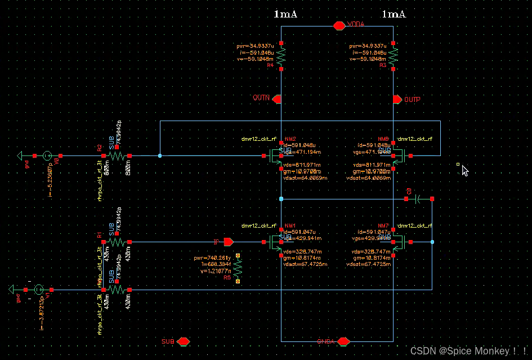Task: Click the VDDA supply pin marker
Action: (339, 25)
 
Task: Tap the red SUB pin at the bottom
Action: (183, 341)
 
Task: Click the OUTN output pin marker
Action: (276, 99)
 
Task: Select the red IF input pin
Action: (228, 242)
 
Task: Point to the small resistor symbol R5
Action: (238, 268)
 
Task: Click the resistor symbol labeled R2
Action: (116, 155)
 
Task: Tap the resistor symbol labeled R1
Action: (116, 242)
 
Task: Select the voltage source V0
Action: (48, 155)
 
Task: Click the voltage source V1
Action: (38, 290)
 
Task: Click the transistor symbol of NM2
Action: (275, 155)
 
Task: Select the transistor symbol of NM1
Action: (275, 242)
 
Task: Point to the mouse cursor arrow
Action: (464, 170)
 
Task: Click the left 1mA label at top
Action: (285, 14)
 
